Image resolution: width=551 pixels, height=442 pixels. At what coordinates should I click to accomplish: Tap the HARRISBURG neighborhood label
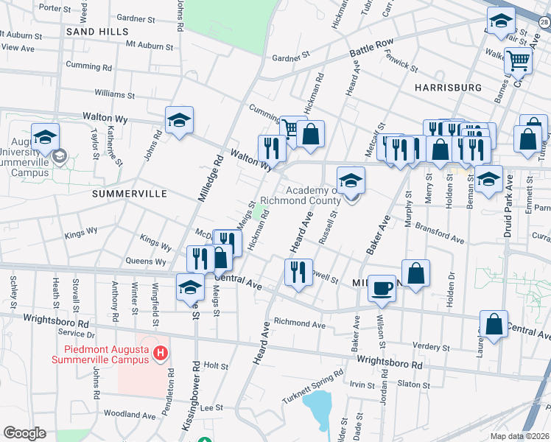[x=448, y=87]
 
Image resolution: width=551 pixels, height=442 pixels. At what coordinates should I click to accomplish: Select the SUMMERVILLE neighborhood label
[x=130, y=193]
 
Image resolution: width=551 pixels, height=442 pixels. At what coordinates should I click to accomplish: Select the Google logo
[x=24, y=433]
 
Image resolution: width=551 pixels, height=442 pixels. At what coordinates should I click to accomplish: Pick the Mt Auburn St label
[x=149, y=46]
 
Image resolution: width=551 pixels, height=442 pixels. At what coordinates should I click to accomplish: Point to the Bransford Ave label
[x=439, y=233]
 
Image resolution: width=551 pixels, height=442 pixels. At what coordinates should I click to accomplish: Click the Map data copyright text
[x=520, y=436]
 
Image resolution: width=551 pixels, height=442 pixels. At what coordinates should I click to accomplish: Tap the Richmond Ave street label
[x=299, y=323]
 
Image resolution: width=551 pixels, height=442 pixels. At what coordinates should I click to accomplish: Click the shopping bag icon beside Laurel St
[x=494, y=323]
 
